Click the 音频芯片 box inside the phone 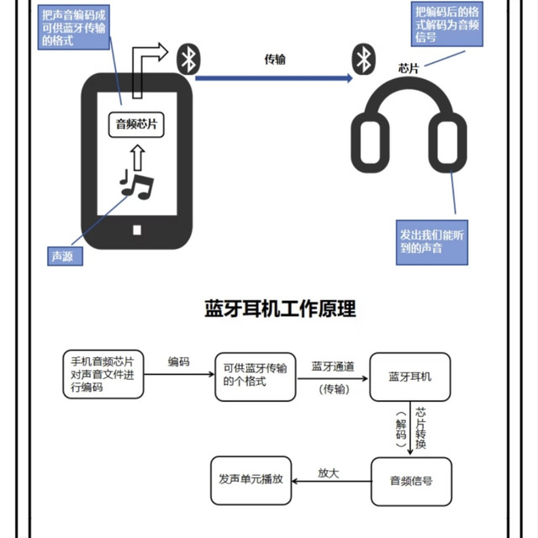(x=136, y=124)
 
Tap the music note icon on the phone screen (x=136, y=185)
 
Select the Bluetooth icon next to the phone (x=188, y=59)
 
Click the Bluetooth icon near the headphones (x=364, y=59)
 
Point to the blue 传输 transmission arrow (x=274, y=78)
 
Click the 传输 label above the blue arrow (x=275, y=60)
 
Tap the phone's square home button (x=137, y=229)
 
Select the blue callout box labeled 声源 (x=66, y=256)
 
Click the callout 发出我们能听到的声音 (x=432, y=242)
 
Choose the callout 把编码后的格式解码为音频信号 (x=447, y=24)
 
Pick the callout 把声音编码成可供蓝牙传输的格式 (x=74, y=28)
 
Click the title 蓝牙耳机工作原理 (x=280, y=309)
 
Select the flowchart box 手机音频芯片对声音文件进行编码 (x=103, y=374)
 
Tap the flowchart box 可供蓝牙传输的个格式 (x=256, y=377)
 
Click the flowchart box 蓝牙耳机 (x=410, y=377)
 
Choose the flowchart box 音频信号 (x=411, y=482)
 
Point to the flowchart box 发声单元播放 (x=251, y=480)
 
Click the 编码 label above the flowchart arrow (x=178, y=361)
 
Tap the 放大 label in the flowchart (x=329, y=473)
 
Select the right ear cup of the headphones (x=448, y=142)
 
